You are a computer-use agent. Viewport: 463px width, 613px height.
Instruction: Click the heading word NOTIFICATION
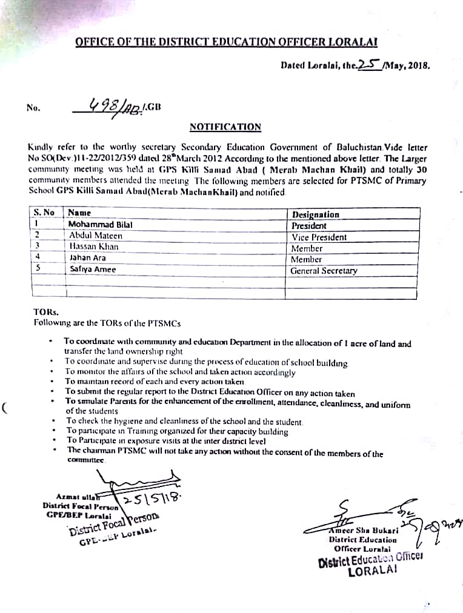[225, 127]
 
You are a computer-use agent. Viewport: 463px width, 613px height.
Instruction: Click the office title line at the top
[227, 42]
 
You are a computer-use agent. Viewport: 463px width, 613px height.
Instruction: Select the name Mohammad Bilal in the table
[101, 225]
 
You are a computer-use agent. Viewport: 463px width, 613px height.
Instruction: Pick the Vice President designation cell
[319, 237]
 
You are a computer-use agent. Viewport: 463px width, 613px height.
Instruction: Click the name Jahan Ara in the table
[87, 258]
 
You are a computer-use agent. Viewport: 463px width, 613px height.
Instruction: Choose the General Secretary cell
[324, 271]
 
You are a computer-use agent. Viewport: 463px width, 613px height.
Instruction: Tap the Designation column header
[316, 214]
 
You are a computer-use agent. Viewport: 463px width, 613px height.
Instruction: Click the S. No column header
[44, 213]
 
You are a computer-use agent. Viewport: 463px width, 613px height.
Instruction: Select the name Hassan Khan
[94, 247]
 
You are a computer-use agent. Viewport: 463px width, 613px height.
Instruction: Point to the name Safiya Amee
[92, 269]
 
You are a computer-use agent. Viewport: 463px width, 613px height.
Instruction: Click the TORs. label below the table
[46, 312]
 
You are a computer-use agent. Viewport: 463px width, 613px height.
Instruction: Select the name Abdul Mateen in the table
[96, 236]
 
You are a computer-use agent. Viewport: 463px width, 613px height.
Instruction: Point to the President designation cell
[309, 226]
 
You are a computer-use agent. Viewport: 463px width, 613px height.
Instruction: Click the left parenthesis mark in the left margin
[5, 407]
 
